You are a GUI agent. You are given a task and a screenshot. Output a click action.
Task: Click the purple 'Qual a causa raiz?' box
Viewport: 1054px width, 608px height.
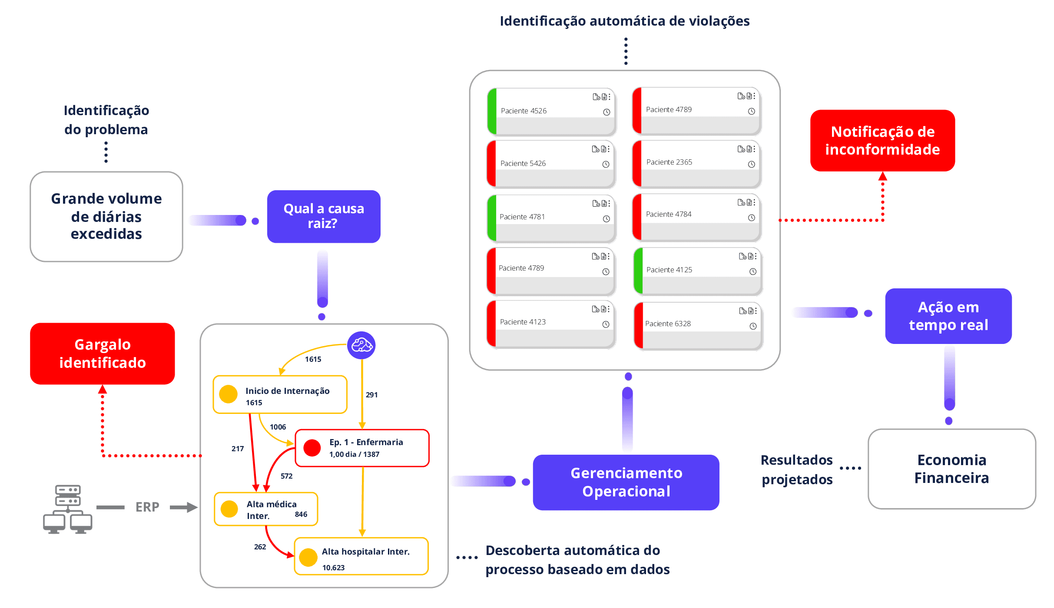[324, 216]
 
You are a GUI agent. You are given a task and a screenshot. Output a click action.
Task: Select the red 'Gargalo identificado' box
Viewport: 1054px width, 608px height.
[103, 354]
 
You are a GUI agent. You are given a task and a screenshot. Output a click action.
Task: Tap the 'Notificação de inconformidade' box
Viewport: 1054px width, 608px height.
[882, 141]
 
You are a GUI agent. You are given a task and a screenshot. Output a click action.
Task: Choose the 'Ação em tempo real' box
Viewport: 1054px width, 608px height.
[948, 316]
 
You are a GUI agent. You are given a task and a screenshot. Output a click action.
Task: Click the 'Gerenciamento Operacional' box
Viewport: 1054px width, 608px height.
[626, 482]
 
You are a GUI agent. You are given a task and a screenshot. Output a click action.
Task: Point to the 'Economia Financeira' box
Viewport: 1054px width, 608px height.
[951, 469]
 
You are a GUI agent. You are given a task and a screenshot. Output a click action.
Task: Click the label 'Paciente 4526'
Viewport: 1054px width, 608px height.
[524, 111]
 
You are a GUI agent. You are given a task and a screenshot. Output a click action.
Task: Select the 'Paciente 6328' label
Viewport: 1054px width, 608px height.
[668, 324]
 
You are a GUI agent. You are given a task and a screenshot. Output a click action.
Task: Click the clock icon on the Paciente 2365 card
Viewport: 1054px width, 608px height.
[752, 165]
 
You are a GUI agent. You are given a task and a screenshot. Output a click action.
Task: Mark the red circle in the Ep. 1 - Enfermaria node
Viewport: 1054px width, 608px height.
[312, 448]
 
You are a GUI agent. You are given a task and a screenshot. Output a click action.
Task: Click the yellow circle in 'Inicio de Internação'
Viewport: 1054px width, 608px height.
[229, 394]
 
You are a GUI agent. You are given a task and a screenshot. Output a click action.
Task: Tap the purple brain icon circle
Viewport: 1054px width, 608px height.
[361, 346]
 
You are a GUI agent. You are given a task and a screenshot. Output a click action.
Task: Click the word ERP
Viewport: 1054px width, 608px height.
[147, 507]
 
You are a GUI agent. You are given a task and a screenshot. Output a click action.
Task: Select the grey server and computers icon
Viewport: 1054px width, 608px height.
[68, 509]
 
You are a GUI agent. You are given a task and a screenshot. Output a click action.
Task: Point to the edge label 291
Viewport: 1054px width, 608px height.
[372, 395]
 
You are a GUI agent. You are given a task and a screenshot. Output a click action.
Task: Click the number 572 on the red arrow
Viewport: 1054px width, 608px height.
[287, 476]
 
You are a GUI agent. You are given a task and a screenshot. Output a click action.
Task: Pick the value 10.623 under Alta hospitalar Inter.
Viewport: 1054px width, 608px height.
[333, 568]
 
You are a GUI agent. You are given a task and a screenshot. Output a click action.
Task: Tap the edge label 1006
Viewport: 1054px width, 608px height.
[278, 427]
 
